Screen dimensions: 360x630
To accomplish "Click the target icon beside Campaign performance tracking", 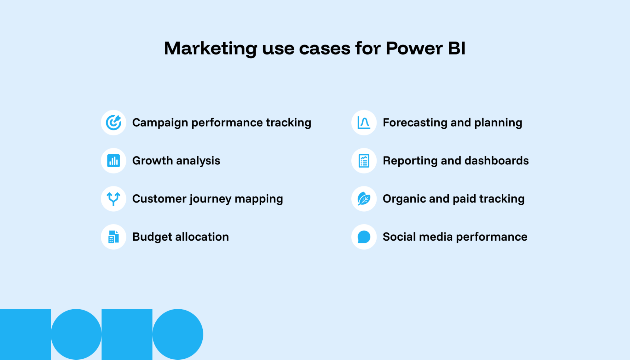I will click(113, 123).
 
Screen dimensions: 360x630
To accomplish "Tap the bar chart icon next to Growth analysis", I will click(113, 161).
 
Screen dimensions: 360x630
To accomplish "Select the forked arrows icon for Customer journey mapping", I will click(113, 199).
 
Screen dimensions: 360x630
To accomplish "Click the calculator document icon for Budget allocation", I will click(113, 237).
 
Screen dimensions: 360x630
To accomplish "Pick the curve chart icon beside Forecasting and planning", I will click(364, 123).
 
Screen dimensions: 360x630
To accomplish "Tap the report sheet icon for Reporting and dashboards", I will click(364, 161).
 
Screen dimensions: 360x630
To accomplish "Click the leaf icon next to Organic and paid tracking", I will click(364, 199).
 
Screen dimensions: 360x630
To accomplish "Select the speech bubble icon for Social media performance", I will click(364, 237).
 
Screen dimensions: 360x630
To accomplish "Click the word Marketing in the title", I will click(211, 49).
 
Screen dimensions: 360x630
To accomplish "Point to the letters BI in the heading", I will click(456, 49).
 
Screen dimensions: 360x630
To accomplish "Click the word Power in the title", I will click(414, 49).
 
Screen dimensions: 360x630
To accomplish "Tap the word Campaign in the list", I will click(160, 123).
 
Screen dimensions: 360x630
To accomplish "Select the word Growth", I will click(152, 161).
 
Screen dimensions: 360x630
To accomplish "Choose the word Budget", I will click(152, 237).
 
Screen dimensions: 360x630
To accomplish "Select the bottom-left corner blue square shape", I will click(25, 334).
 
